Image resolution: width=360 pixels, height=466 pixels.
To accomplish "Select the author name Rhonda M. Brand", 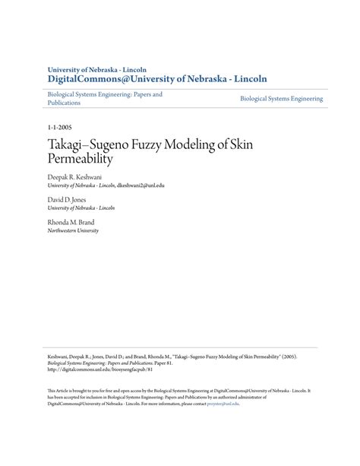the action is pyautogui.click(x=71, y=222).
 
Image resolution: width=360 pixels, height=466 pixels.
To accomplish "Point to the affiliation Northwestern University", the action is pyautogui.click(x=73, y=230).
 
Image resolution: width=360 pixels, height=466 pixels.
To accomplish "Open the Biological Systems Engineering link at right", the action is pyautogui.click(x=281, y=99).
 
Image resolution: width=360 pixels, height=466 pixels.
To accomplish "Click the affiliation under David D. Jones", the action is pyautogui.click(x=81, y=208).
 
